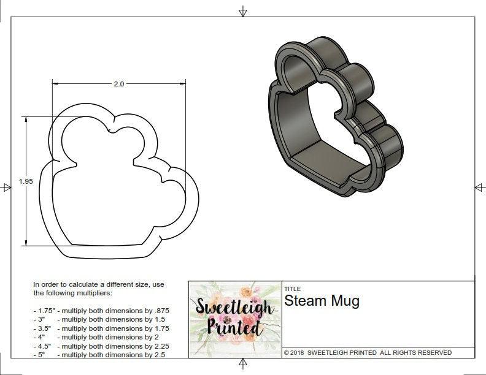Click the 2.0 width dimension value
click(x=119, y=84)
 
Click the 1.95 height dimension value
click(x=25, y=181)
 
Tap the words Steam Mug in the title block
click(x=322, y=301)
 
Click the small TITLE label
click(x=292, y=289)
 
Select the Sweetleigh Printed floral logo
click(x=234, y=318)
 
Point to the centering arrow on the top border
click(x=243, y=11)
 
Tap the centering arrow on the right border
click(x=479, y=187)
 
